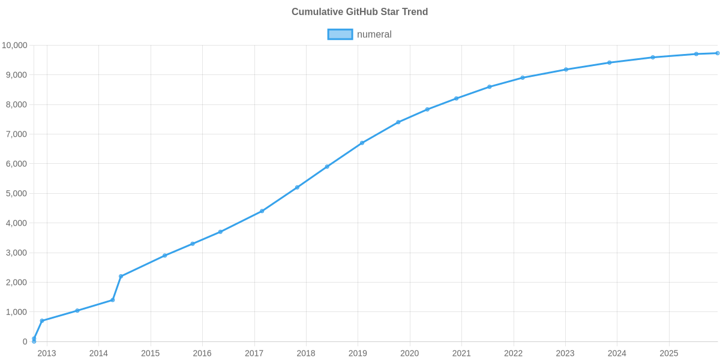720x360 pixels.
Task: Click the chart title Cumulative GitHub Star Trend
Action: tap(359, 12)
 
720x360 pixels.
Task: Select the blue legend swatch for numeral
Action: tap(340, 34)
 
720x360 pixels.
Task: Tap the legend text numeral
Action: tap(374, 34)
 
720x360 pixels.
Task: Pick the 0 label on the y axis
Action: tap(25, 342)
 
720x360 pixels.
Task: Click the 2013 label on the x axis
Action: tap(47, 353)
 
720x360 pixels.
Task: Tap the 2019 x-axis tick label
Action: tap(358, 353)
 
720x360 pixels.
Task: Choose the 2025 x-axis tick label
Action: tap(669, 353)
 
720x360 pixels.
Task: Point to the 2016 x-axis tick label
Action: tap(202, 353)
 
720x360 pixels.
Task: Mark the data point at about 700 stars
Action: tap(42, 321)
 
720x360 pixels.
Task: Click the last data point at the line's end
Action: tap(717, 53)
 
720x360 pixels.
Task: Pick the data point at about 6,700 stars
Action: tap(362, 143)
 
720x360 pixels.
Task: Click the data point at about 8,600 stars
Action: tap(490, 87)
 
